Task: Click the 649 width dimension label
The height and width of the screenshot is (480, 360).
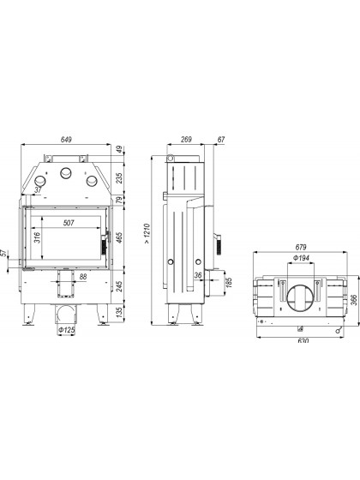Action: click(x=66, y=140)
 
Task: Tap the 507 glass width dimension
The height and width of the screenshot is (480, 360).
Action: click(x=69, y=223)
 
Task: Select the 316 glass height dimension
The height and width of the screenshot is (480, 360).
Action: click(x=37, y=237)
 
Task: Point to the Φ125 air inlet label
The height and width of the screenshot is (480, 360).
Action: click(x=67, y=330)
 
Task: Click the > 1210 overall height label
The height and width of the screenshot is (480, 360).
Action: click(x=147, y=233)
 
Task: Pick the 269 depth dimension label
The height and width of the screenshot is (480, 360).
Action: click(x=186, y=140)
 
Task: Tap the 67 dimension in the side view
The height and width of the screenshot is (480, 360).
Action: click(x=221, y=140)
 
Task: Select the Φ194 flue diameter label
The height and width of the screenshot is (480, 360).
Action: click(x=301, y=258)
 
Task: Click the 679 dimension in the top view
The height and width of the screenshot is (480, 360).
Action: click(x=301, y=247)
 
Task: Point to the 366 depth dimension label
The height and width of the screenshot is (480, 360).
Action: click(x=353, y=300)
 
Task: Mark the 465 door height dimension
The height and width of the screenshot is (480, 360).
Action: click(x=119, y=237)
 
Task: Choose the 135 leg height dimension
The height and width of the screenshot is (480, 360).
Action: click(x=119, y=312)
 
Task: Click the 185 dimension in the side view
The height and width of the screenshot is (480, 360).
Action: click(x=229, y=282)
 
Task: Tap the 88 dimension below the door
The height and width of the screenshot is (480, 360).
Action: click(x=83, y=277)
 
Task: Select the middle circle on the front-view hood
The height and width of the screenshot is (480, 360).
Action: click(x=66, y=173)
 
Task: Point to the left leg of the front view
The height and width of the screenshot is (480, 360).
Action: click(x=29, y=315)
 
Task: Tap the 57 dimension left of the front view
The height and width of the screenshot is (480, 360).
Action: click(x=4, y=253)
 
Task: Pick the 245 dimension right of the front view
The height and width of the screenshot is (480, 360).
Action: click(x=119, y=286)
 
